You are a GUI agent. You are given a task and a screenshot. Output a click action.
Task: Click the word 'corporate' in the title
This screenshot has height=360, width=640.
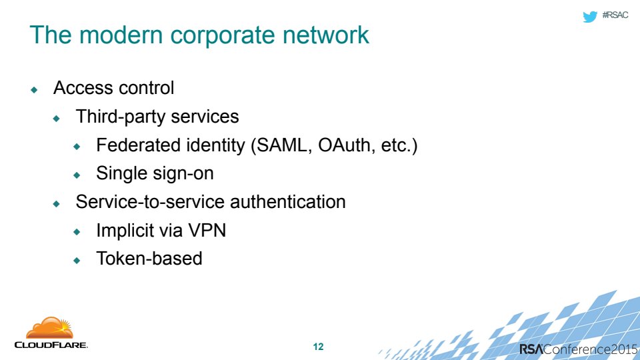tap(223, 36)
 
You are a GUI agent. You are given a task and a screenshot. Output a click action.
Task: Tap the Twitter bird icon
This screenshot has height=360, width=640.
tap(590, 16)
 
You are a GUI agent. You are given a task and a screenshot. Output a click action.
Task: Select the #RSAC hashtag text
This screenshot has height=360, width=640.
tap(615, 15)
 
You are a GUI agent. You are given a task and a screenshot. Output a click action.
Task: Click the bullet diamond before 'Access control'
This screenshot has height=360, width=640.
tap(34, 90)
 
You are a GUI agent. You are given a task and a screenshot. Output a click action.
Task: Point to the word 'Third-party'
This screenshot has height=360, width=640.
tap(121, 117)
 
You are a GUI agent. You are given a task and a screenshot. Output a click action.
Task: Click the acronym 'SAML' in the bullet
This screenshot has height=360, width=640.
tap(281, 145)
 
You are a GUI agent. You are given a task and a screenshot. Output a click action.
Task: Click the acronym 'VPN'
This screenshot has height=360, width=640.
tap(207, 230)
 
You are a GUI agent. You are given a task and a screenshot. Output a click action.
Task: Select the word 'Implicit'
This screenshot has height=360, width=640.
tap(125, 231)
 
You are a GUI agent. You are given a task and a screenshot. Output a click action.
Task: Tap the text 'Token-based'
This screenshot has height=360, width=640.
tap(149, 259)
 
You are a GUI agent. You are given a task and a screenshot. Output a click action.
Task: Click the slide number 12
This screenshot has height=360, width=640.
tap(319, 347)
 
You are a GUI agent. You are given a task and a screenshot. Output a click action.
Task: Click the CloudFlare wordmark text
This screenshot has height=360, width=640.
tap(51, 345)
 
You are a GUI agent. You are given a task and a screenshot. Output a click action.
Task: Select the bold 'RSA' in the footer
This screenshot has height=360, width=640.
tap(531, 349)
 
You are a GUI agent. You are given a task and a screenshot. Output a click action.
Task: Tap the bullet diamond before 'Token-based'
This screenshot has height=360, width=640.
tap(77, 261)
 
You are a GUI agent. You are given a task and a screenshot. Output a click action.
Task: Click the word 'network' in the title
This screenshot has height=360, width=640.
tap(326, 35)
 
